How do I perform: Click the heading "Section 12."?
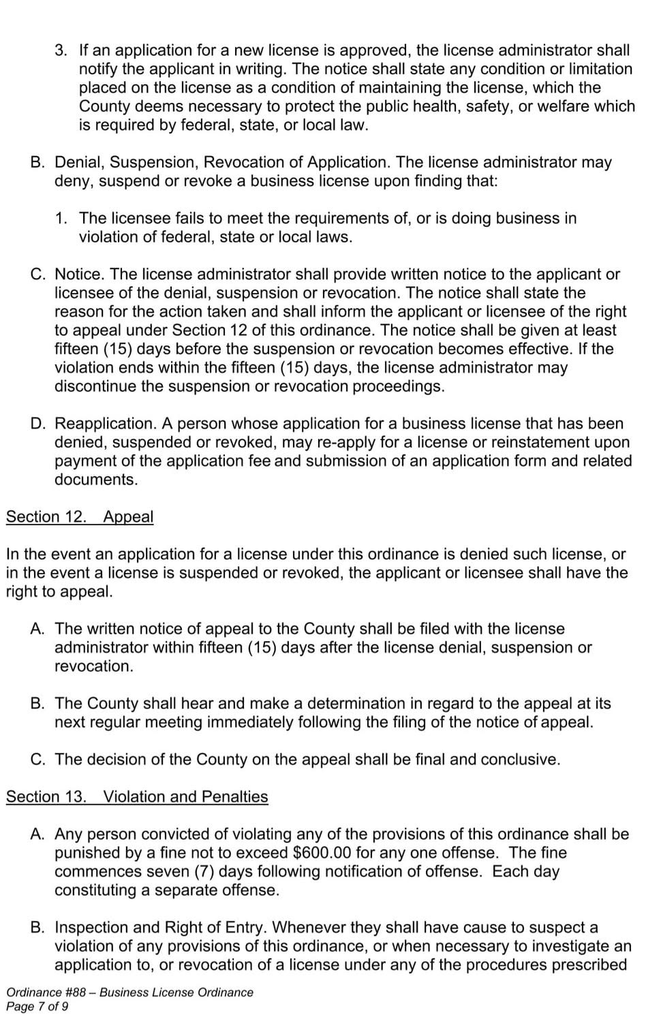click(x=46, y=516)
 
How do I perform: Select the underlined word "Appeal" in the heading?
click(x=128, y=516)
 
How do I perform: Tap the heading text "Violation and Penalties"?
click(x=185, y=796)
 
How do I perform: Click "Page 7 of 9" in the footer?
click(x=37, y=1006)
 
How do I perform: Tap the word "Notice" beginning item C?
click(x=78, y=275)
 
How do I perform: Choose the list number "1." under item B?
click(x=61, y=218)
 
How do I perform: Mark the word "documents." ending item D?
click(x=96, y=480)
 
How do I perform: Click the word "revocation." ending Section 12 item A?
click(x=94, y=666)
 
